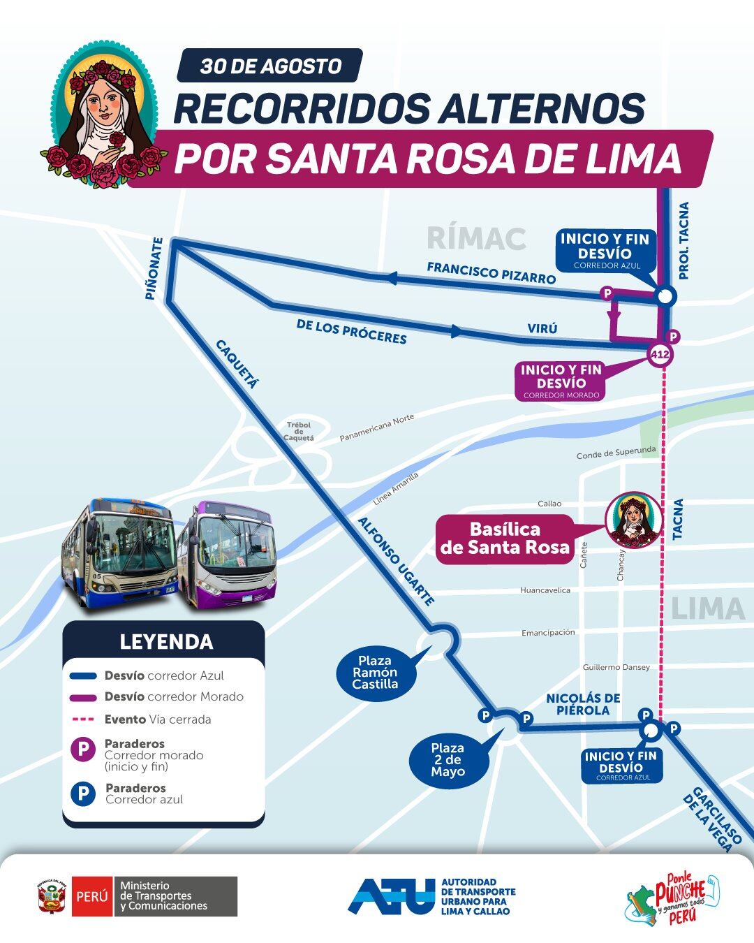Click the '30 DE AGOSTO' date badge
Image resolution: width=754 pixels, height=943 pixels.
(270, 66)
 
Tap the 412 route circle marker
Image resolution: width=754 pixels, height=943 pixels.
(660, 355)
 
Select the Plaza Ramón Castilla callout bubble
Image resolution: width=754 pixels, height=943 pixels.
(375, 672)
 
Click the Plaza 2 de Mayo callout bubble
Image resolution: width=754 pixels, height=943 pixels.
(448, 760)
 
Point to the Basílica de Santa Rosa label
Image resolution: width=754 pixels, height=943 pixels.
(505, 539)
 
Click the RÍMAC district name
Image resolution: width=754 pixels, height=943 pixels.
(475, 238)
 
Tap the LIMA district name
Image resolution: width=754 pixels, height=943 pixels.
(707, 609)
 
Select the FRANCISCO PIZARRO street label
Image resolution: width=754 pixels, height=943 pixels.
(491, 272)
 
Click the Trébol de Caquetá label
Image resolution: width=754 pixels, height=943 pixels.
(299, 431)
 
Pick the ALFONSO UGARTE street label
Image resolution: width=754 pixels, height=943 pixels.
(396, 561)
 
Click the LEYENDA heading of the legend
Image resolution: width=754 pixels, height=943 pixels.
(166, 641)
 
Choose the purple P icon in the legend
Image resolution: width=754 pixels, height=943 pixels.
(83, 750)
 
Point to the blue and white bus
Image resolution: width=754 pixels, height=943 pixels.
(119, 552)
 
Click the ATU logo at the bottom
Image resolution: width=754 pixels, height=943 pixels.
(391, 896)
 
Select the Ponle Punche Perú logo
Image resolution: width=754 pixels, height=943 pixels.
(672, 899)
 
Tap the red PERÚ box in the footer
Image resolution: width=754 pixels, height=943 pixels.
(91, 896)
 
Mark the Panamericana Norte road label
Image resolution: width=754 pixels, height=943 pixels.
(377, 427)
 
